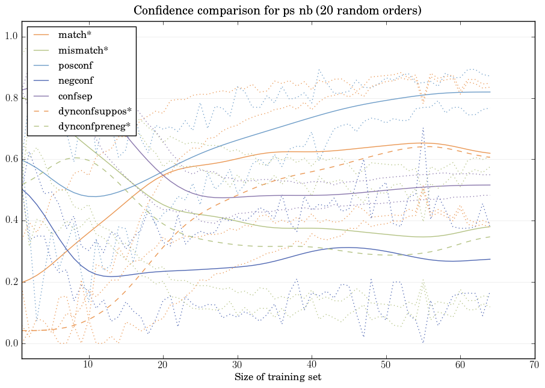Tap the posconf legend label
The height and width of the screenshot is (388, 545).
[x=75, y=65]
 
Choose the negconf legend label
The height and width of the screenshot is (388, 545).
[x=75, y=80]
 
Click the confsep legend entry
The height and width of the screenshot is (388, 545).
[x=75, y=95]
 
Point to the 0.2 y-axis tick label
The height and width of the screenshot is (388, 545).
[x=12, y=283]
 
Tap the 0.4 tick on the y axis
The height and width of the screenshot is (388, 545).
[x=12, y=221]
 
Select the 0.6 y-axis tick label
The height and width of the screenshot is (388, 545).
[x=12, y=160]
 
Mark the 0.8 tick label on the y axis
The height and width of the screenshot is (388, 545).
[x=12, y=98]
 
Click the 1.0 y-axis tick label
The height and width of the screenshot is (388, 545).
[x=12, y=37]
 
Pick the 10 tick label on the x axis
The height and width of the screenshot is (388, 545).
[x=88, y=365]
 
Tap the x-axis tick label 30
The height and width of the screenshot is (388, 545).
[x=238, y=365]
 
